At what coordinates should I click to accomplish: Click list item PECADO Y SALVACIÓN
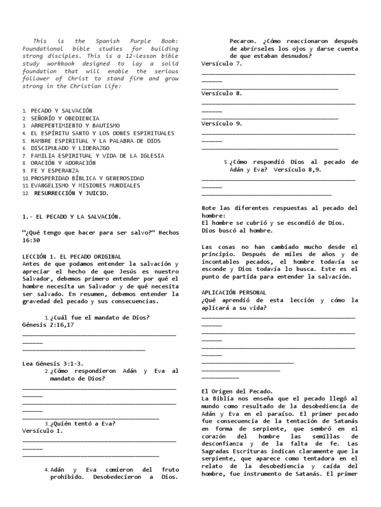[62, 111]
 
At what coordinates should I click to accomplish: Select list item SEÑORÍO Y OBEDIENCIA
[64, 118]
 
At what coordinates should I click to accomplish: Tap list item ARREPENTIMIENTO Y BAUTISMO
[75, 126]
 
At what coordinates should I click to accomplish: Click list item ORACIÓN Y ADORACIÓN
[63, 163]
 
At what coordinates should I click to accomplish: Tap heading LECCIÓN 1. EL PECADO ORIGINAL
[72, 256]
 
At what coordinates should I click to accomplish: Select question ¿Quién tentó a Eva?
[82, 423]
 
